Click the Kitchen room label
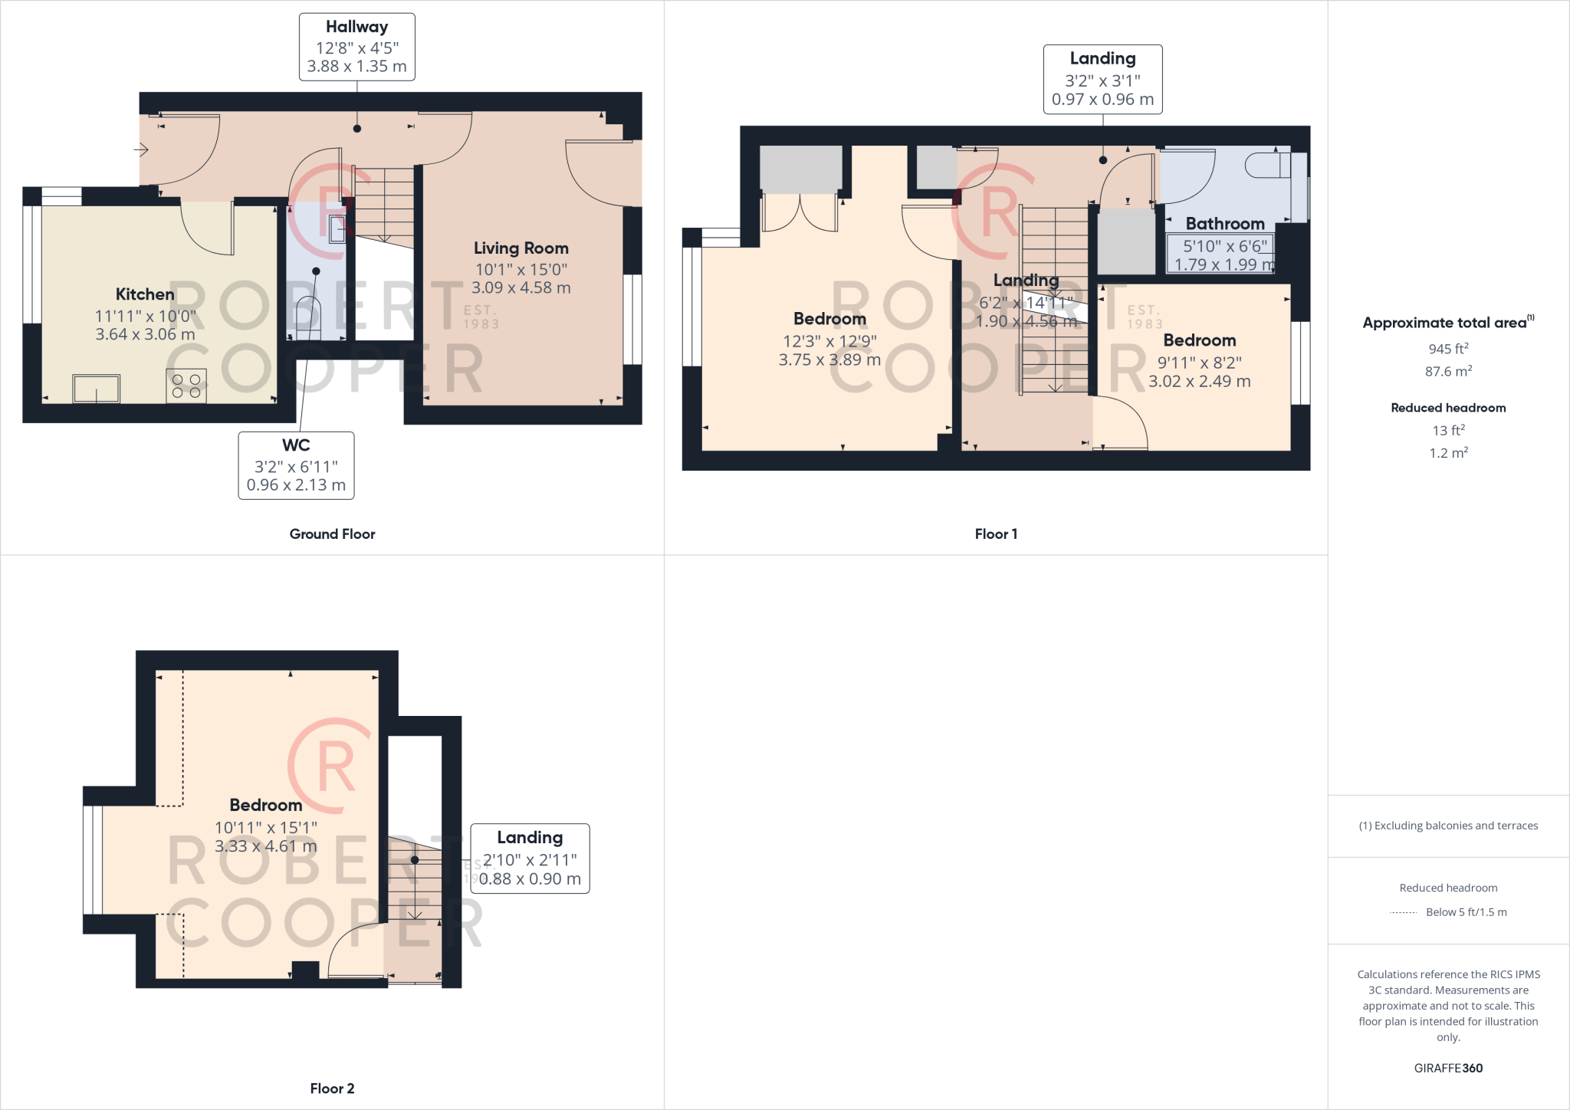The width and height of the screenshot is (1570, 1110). pyautogui.click(x=145, y=294)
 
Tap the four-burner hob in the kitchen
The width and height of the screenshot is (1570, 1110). pyautogui.click(x=186, y=386)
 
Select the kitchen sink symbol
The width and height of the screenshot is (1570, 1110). pyautogui.click(x=97, y=389)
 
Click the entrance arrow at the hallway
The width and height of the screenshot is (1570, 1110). pyautogui.click(x=141, y=149)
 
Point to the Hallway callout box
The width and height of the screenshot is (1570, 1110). pyautogui.click(x=356, y=47)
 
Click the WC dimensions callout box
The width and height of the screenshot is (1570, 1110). pyautogui.click(x=296, y=465)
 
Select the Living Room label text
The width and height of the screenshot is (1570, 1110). pyautogui.click(x=521, y=248)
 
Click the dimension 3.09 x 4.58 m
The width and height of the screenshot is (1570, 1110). pyautogui.click(x=521, y=288)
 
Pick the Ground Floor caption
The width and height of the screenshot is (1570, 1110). pyautogui.click(x=332, y=534)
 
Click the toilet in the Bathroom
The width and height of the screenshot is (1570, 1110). pyautogui.click(x=1268, y=166)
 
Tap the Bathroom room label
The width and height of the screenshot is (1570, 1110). pyautogui.click(x=1224, y=224)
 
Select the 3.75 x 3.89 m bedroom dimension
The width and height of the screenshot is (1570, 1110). pyautogui.click(x=829, y=360)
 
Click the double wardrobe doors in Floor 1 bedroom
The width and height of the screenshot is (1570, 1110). pyautogui.click(x=800, y=213)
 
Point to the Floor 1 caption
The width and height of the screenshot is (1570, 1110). pyautogui.click(x=996, y=534)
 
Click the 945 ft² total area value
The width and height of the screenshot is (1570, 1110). pyautogui.click(x=1448, y=349)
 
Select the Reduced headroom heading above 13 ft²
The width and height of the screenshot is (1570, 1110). pyautogui.click(x=1448, y=408)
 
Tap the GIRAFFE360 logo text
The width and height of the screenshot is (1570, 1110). pyautogui.click(x=1448, y=1068)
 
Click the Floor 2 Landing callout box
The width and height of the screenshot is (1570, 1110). pyautogui.click(x=530, y=859)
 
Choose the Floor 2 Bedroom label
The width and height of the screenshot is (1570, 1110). pyautogui.click(x=266, y=805)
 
